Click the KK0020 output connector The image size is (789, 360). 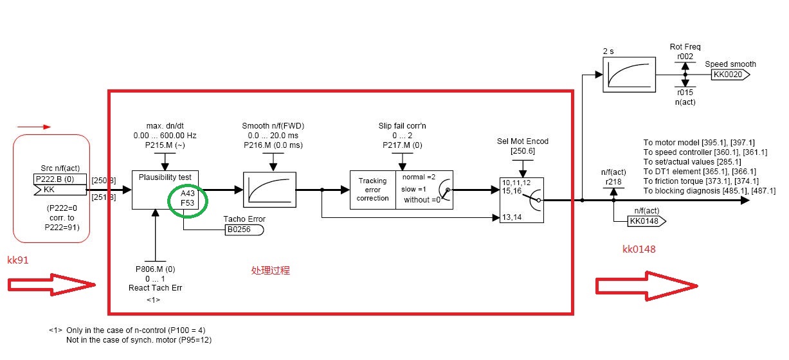tap(730, 75)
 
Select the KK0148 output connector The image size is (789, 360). tap(647, 221)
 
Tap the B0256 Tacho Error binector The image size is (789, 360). tap(244, 230)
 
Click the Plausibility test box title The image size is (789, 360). tap(165, 177)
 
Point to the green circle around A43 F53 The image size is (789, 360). tap(187, 201)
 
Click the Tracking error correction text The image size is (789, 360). tap(373, 190)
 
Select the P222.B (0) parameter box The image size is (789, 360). tap(60, 179)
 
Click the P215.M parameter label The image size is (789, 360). tap(165, 145)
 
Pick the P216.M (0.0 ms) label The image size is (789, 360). tap(273, 145)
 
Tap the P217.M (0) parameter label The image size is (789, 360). tap(403, 145)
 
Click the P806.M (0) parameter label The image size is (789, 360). tap(156, 269)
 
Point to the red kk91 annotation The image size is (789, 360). tap(17, 260)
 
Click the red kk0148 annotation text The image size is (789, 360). tap(639, 249)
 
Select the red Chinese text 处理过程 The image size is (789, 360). tap(271, 271)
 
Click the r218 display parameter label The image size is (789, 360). tap(613, 182)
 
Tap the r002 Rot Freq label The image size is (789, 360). tap(685, 57)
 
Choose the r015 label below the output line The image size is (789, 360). tap(685, 93)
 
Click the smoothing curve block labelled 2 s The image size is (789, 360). tap(629, 75)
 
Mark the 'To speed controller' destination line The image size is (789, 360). tap(705, 152)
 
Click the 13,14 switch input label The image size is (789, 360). tap(512, 217)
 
